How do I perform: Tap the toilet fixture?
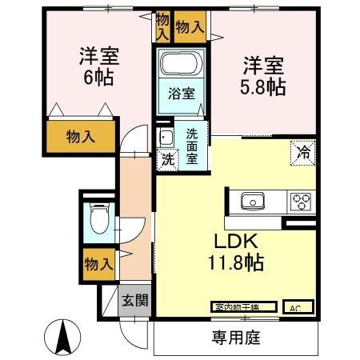(99, 218)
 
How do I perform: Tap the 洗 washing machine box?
(167, 159)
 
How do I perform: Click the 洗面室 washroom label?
(193, 146)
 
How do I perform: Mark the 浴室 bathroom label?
(180, 94)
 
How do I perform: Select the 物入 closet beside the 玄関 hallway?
(98, 262)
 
